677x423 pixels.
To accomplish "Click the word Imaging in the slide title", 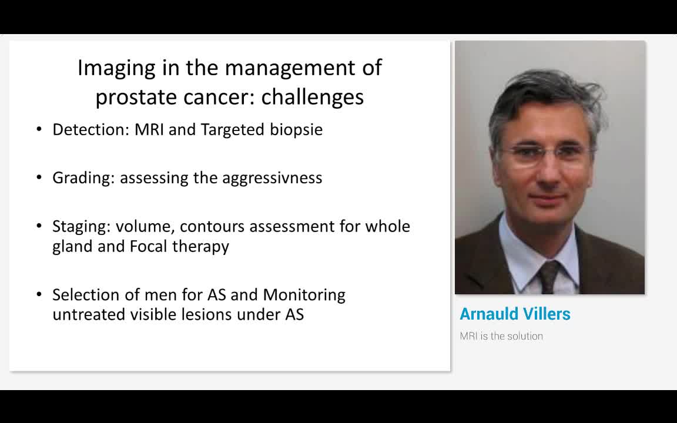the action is (x=116, y=68).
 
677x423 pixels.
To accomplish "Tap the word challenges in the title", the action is (x=313, y=97).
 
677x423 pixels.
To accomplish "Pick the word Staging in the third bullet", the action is (x=82, y=227).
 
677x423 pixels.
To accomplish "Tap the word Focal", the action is (x=149, y=246).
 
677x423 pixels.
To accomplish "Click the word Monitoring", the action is (x=304, y=296).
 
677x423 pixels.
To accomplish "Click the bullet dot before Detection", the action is (x=39, y=129).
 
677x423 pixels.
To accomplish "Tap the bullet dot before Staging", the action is (x=39, y=226).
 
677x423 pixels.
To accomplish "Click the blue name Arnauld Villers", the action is (x=515, y=314).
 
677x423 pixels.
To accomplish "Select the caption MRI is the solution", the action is (x=501, y=336).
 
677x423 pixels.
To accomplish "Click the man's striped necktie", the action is (x=549, y=276).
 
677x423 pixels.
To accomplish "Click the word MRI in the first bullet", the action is (x=149, y=129).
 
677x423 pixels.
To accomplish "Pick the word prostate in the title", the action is (x=136, y=98).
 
